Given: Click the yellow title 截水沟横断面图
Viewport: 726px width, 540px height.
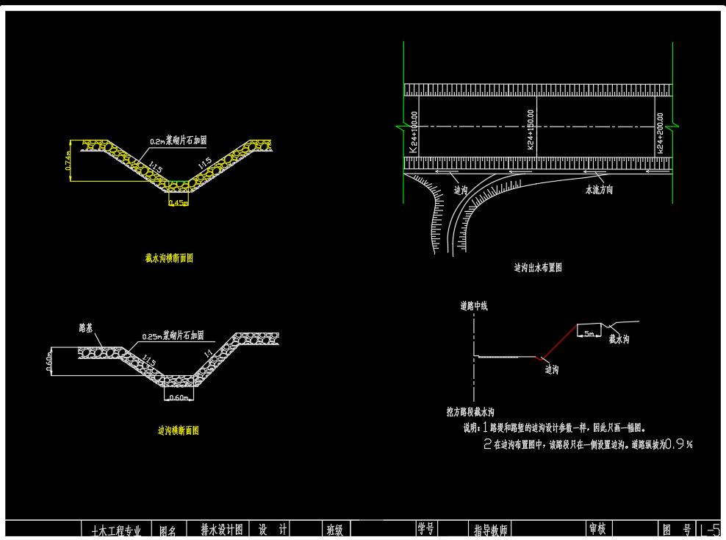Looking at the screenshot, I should point(169,258).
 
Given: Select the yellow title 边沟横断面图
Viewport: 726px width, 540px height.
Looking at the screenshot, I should point(179,430).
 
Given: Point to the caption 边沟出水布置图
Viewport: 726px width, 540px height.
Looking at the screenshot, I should point(538,268).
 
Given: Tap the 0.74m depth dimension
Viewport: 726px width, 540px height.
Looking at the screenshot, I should point(68,161).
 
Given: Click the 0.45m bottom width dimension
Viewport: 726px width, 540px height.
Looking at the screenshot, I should point(177,203).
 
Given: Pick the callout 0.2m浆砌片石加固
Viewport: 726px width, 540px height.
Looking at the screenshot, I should point(178,140).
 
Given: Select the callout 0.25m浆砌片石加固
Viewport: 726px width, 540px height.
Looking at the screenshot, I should point(173,335).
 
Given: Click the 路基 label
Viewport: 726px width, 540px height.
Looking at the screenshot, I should point(86,328).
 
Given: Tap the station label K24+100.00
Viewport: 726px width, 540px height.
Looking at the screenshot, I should point(414,132).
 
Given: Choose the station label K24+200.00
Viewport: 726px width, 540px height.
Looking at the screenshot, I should point(660,132).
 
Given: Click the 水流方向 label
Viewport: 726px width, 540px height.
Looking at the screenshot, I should point(599,190).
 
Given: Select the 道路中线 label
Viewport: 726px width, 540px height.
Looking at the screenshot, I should point(474,305).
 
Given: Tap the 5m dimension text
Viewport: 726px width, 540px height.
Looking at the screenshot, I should point(588,333).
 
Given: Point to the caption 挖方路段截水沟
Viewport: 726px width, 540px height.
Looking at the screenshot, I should point(470,411).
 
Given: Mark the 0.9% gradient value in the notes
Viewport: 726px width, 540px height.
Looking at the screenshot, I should point(678,444).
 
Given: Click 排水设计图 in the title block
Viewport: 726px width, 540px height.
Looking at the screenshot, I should point(221,529).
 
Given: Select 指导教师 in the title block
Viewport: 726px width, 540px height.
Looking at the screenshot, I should point(491,530).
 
